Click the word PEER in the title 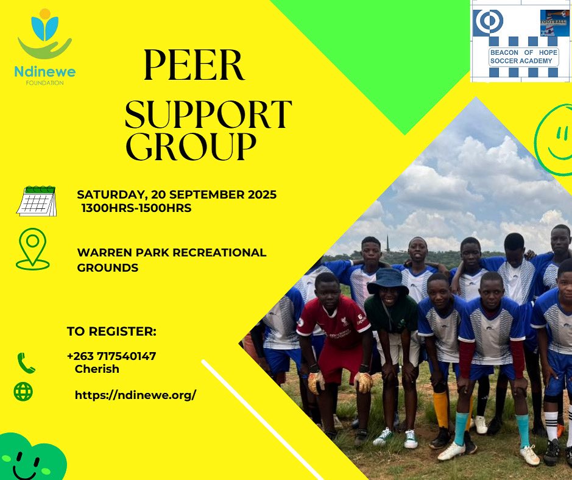[x=193, y=66]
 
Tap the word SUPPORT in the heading [x=208, y=113]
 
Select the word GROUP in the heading [x=191, y=146]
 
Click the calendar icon [x=37, y=200]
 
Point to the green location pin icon [x=32, y=249]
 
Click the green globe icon [x=23, y=391]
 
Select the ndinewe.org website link [x=135, y=395]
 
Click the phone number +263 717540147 [x=111, y=356]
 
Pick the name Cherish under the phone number [x=97, y=369]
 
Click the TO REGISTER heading [x=111, y=332]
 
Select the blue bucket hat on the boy [x=388, y=281]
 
